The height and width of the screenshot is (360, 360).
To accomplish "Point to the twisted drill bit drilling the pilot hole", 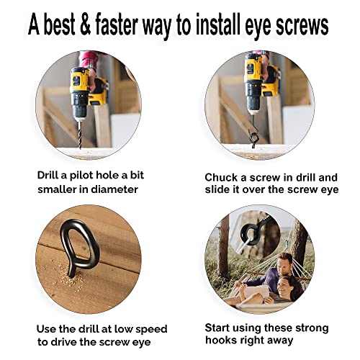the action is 80,135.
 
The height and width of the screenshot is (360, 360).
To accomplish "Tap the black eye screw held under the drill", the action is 253,137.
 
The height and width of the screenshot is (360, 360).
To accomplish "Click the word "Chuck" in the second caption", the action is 221,178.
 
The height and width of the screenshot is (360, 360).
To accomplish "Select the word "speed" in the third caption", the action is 151,330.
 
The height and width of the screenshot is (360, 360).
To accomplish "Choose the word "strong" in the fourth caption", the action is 312,328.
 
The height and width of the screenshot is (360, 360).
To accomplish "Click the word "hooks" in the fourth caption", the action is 220,340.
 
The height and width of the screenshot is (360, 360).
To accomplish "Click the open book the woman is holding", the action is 257,291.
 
